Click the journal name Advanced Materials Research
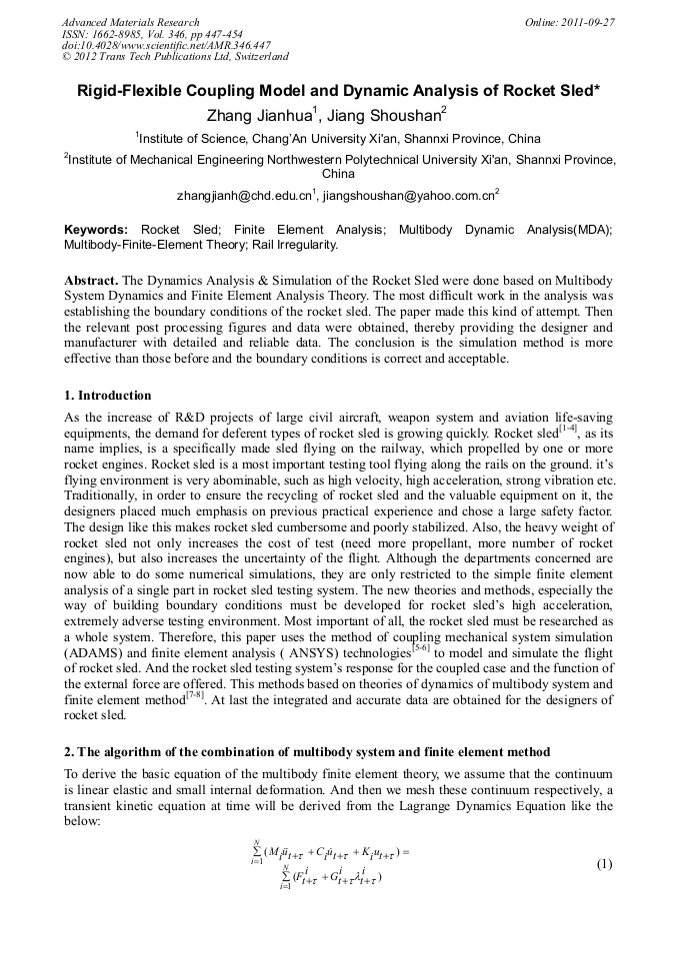131,22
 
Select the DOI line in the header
166,46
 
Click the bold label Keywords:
95,229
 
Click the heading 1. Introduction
107,396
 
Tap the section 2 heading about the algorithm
307,751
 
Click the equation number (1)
603,864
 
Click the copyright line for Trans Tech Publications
176,58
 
